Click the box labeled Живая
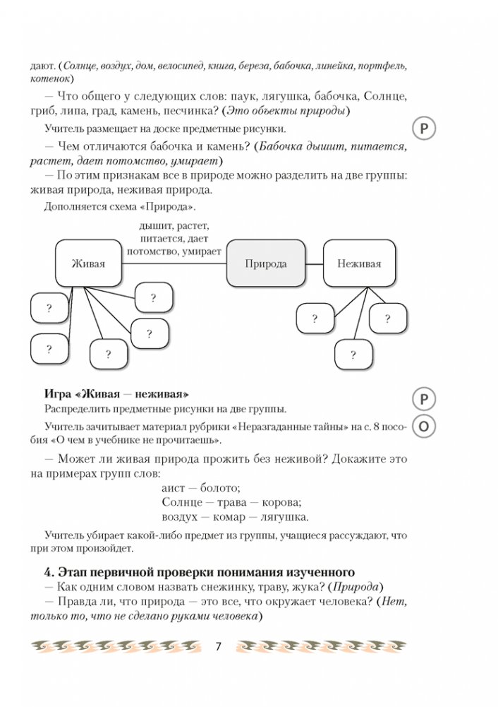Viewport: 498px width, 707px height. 88,263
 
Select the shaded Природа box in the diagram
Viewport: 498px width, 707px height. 266,263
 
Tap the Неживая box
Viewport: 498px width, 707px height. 359,263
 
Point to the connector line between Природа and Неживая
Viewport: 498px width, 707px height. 315,263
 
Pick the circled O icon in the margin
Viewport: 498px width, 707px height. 423,426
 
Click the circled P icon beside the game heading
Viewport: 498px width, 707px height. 423,399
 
